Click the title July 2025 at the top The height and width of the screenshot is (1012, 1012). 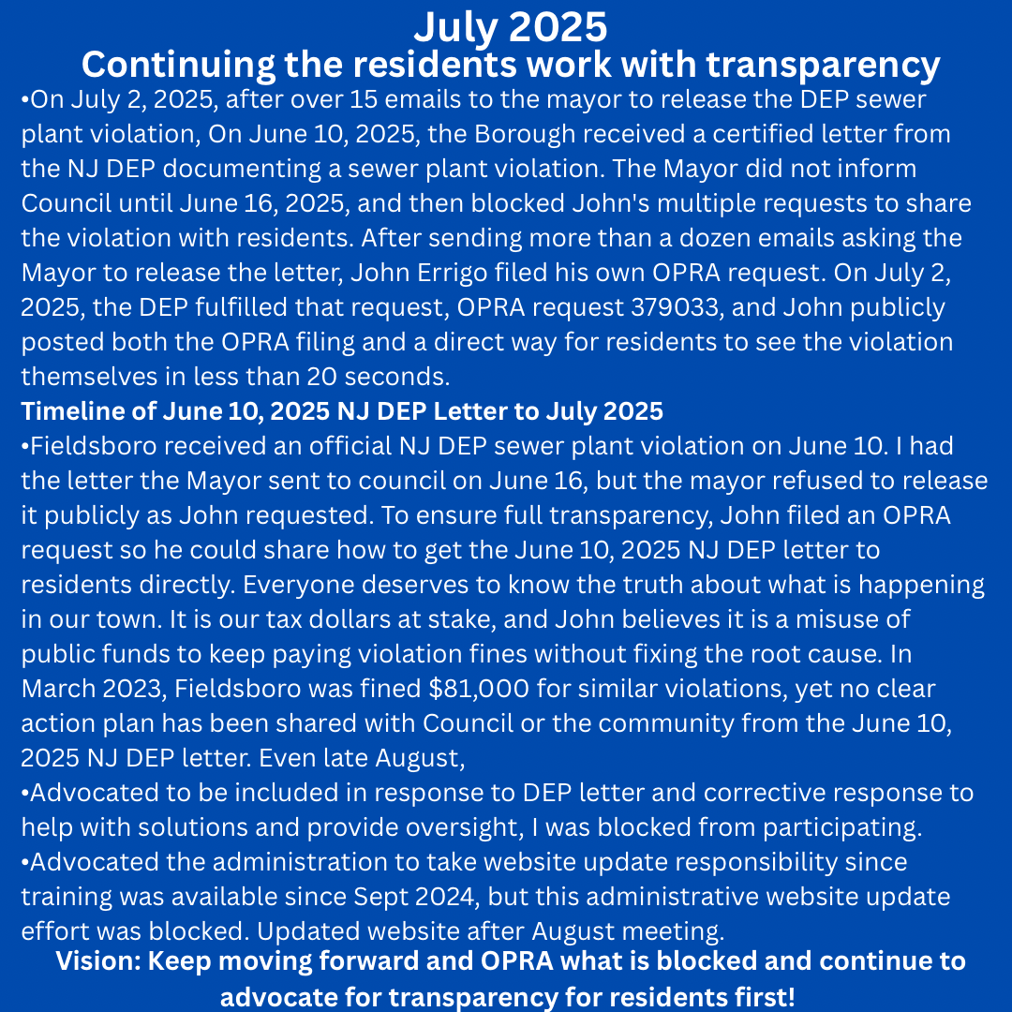tap(510, 26)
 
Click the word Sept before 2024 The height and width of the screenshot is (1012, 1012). tap(379, 896)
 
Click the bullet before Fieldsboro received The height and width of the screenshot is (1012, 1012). tap(26, 446)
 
